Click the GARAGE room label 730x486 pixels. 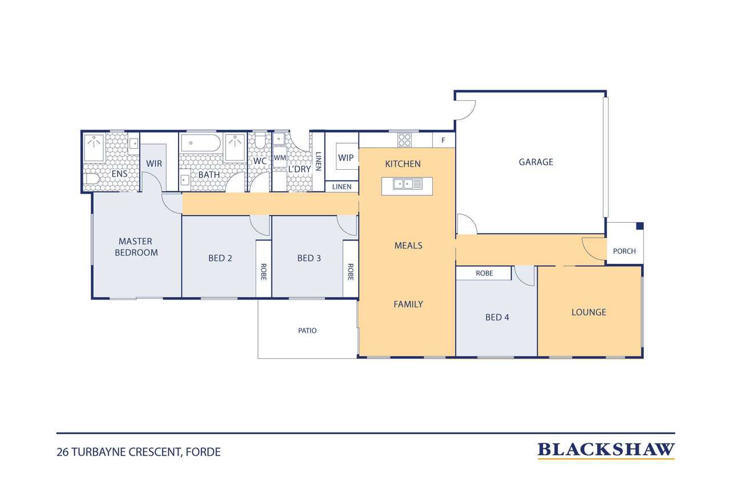[536, 162]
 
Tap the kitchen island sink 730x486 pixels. [407, 184]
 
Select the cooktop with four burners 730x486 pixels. [404, 140]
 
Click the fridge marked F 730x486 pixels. [443, 140]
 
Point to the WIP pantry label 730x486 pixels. [346, 158]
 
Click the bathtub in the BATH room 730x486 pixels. [201, 143]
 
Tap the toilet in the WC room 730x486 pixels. [260, 141]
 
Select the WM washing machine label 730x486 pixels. [279, 158]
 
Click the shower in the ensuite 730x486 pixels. [94, 148]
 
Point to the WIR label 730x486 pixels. [154, 164]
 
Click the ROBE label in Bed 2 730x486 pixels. [263, 272]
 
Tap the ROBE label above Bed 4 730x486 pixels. [484, 273]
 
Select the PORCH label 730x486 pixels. [624, 251]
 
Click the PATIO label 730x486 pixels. [307, 330]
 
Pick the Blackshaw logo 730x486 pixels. [606, 450]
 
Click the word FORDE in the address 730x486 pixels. [203, 452]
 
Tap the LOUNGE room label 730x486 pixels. [589, 312]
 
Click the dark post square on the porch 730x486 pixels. [639, 226]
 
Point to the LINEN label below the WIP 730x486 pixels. [342, 187]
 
